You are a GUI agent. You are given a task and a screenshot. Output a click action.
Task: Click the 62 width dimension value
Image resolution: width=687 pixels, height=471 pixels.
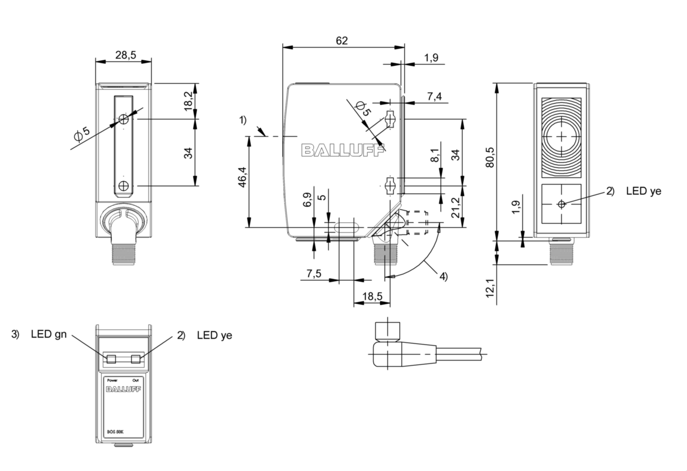[342, 40]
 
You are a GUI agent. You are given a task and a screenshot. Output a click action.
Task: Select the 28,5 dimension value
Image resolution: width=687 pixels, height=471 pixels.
[125, 55]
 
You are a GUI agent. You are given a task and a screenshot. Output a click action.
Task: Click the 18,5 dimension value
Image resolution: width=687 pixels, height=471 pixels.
[372, 296]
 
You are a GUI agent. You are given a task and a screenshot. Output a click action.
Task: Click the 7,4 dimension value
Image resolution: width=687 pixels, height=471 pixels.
[434, 96]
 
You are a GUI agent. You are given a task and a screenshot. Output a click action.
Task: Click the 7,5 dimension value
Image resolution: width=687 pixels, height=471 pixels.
[314, 273]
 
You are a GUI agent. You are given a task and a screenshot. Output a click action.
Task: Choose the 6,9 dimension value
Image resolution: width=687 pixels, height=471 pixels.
[307, 200]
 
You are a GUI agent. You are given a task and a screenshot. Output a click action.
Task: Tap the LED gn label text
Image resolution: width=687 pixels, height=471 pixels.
[48, 334]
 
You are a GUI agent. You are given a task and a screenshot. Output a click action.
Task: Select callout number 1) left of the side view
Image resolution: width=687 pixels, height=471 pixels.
[242, 120]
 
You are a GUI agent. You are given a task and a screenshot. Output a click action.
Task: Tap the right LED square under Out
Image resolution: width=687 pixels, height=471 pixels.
[135, 359]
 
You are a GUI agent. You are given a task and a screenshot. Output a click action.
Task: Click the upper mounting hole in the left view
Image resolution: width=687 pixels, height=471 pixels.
[124, 119]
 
